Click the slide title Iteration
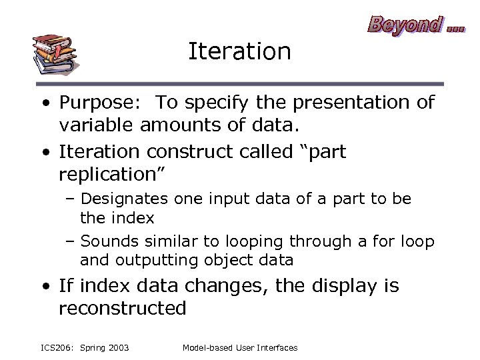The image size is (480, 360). tap(239, 51)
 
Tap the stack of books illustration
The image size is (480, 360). tap(55, 53)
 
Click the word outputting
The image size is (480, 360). tap(151, 260)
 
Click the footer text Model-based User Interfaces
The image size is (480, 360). tap(240, 347)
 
